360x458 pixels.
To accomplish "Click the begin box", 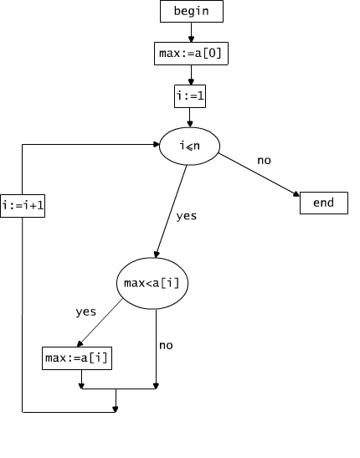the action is click(192, 12).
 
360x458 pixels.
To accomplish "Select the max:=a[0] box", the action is click(191, 54).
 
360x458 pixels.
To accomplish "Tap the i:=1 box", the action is click(190, 96).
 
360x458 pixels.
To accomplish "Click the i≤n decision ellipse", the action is click(189, 146).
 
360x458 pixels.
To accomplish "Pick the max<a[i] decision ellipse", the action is click(152, 283).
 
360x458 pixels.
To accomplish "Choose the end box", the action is click(324, 203).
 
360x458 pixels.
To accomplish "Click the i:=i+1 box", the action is click(23, 206).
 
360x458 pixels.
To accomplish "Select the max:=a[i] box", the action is click(77, 358).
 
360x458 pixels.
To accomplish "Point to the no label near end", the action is click(265, 161).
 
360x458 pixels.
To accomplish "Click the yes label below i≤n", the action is click(187, 216).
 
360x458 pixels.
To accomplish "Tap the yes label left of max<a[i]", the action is click(86, 312).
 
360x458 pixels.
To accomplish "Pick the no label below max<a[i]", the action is click(166, 346).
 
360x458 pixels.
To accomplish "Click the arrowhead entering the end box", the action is click(296, 194).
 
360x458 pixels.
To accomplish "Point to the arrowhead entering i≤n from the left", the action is click(156, 144).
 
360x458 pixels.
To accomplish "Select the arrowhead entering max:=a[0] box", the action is click(191, 39).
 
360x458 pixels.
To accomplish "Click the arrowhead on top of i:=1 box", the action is click(191, 81).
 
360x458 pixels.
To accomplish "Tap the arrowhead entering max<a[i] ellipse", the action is click(157, 255).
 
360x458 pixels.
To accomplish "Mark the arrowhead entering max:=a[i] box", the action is click(80, 344).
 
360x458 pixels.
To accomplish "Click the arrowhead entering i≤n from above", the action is click(190, 124).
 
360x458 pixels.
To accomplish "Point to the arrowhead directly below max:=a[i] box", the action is click(81, 386).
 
